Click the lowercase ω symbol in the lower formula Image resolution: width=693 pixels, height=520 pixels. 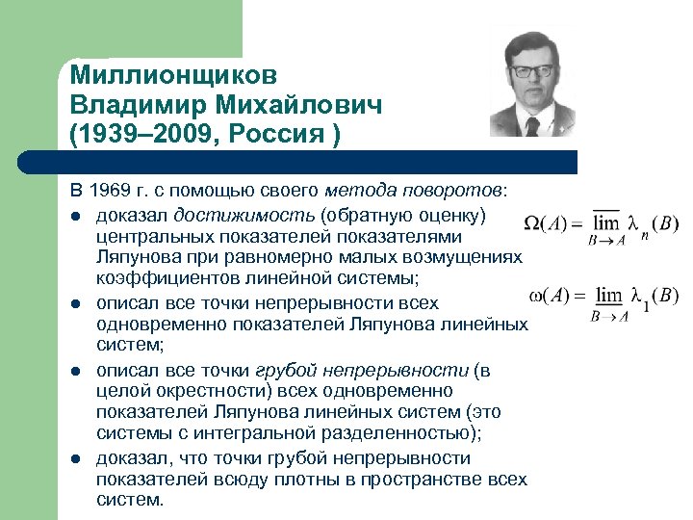[539, 294]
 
